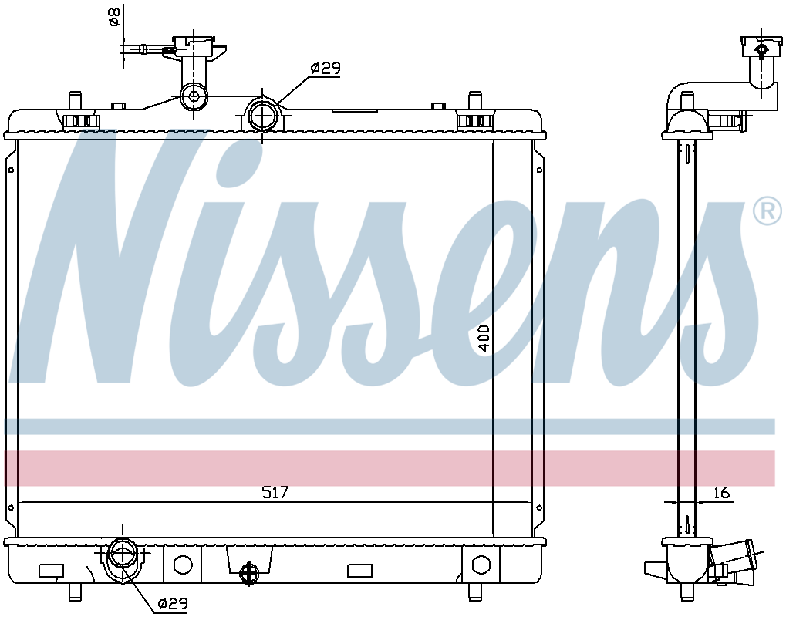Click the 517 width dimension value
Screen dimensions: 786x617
tap(275, 493)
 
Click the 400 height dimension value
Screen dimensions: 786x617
tap(483, 339)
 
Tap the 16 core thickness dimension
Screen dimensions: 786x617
tap(721, 493)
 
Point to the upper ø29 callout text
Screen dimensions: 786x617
tap(326, 68)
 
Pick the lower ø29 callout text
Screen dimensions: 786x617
tap(172, 603)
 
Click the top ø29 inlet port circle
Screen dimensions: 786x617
tap(262, 114)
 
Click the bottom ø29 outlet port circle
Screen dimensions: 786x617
tap(123, 555)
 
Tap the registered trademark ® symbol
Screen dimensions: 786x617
tap(767, 212)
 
